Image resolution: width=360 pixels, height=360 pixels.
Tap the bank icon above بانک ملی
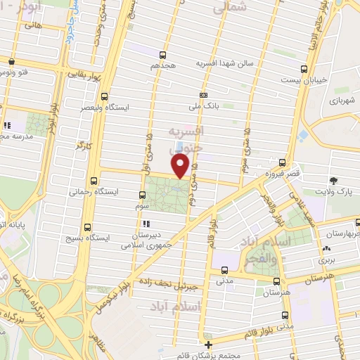coord(204,95)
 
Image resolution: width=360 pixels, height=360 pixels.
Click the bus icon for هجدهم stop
coord(162,54)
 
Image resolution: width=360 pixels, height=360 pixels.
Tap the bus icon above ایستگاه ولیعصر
coord(104,96)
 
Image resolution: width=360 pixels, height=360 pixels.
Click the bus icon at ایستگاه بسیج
coord(87,227)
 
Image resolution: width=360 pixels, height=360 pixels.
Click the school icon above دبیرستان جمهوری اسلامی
coord(143,224)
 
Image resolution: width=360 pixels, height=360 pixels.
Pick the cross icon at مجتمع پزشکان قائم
coord(207,344)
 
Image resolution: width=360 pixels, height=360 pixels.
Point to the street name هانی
coord(33,25)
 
